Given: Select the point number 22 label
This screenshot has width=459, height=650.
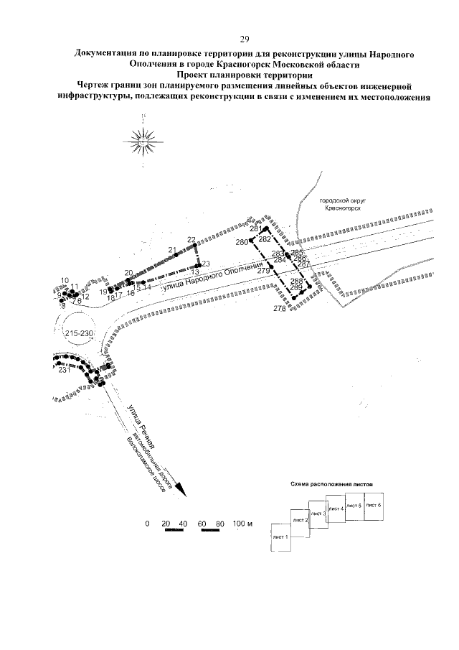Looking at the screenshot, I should point(191,240).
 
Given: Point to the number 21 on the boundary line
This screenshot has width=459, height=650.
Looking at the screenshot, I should point(172,250).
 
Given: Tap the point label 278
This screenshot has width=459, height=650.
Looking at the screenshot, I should point(280,309).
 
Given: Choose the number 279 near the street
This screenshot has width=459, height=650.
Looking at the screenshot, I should point(263,271).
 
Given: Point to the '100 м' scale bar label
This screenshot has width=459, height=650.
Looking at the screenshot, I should point(244,524).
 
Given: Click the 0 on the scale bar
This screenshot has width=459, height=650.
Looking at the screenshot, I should point(147,524).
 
